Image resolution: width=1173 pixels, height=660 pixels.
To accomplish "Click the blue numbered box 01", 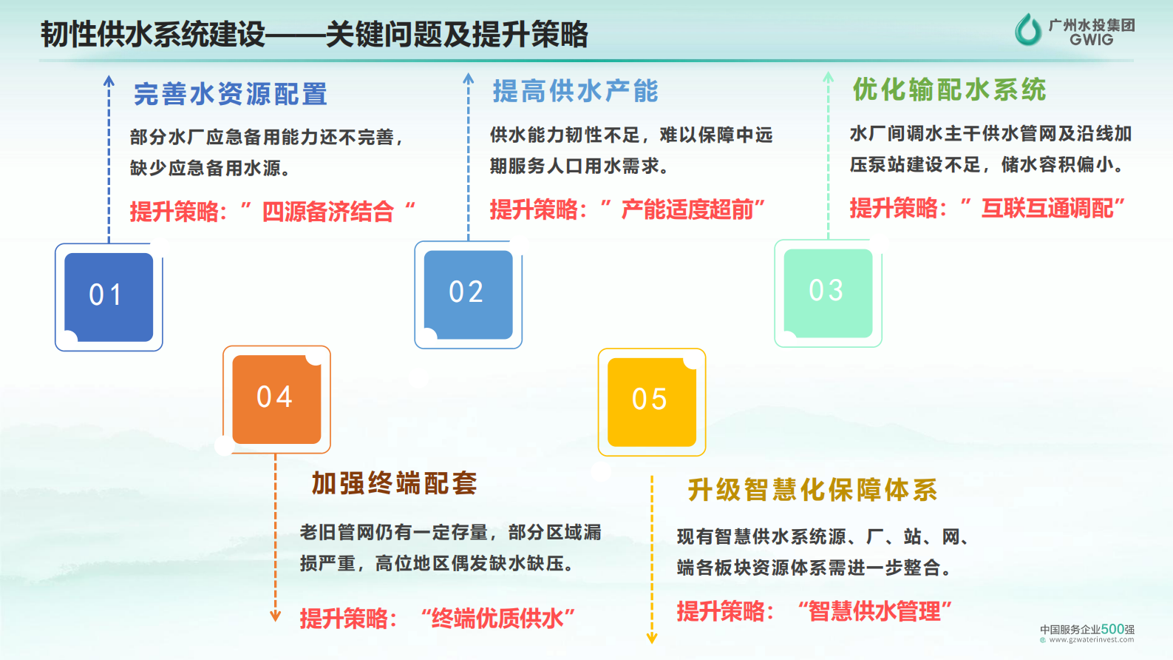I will coord(109,297).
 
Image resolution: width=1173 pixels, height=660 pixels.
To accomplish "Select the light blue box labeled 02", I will coord(468,294).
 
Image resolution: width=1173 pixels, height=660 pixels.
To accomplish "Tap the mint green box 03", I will coord(828,293).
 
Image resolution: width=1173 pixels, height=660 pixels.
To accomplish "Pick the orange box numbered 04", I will coord(276,400).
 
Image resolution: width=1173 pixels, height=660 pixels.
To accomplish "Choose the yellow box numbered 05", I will coord(651,402).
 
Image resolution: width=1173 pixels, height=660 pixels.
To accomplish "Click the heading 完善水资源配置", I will coord(231,95).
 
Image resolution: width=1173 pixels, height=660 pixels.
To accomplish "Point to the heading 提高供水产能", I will coord(575,92).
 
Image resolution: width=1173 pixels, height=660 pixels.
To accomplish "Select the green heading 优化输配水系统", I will coord(949,90).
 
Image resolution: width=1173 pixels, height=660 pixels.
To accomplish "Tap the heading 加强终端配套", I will coord(394,484).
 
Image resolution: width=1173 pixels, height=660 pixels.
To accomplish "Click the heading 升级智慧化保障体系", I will coord(812,490).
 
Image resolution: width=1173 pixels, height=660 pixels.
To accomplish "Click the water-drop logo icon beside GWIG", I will coord(1027,30).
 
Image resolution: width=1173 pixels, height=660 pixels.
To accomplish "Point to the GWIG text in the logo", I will coord(1091,40).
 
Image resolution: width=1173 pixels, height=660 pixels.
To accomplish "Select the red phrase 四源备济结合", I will coord(327,212).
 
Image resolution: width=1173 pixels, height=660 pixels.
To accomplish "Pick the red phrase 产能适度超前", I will coord(687,210).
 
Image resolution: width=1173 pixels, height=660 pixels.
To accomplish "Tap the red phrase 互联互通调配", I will coord(1047,209).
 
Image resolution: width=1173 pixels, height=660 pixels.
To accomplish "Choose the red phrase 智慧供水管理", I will coord(874,612).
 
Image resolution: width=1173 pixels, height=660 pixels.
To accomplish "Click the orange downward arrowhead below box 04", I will coord(276,616).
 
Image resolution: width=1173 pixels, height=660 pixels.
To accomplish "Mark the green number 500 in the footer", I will coord(1112,629).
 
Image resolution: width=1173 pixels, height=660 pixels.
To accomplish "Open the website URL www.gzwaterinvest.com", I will coord(1091,640).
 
